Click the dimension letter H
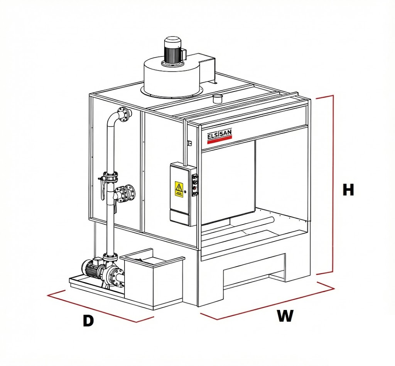(348, 190)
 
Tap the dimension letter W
(285, 316)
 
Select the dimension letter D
(88, 320)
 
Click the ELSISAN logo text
(219, 134)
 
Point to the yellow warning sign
(179, 188)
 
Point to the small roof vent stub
(218, 98)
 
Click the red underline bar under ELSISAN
(219, 141)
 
